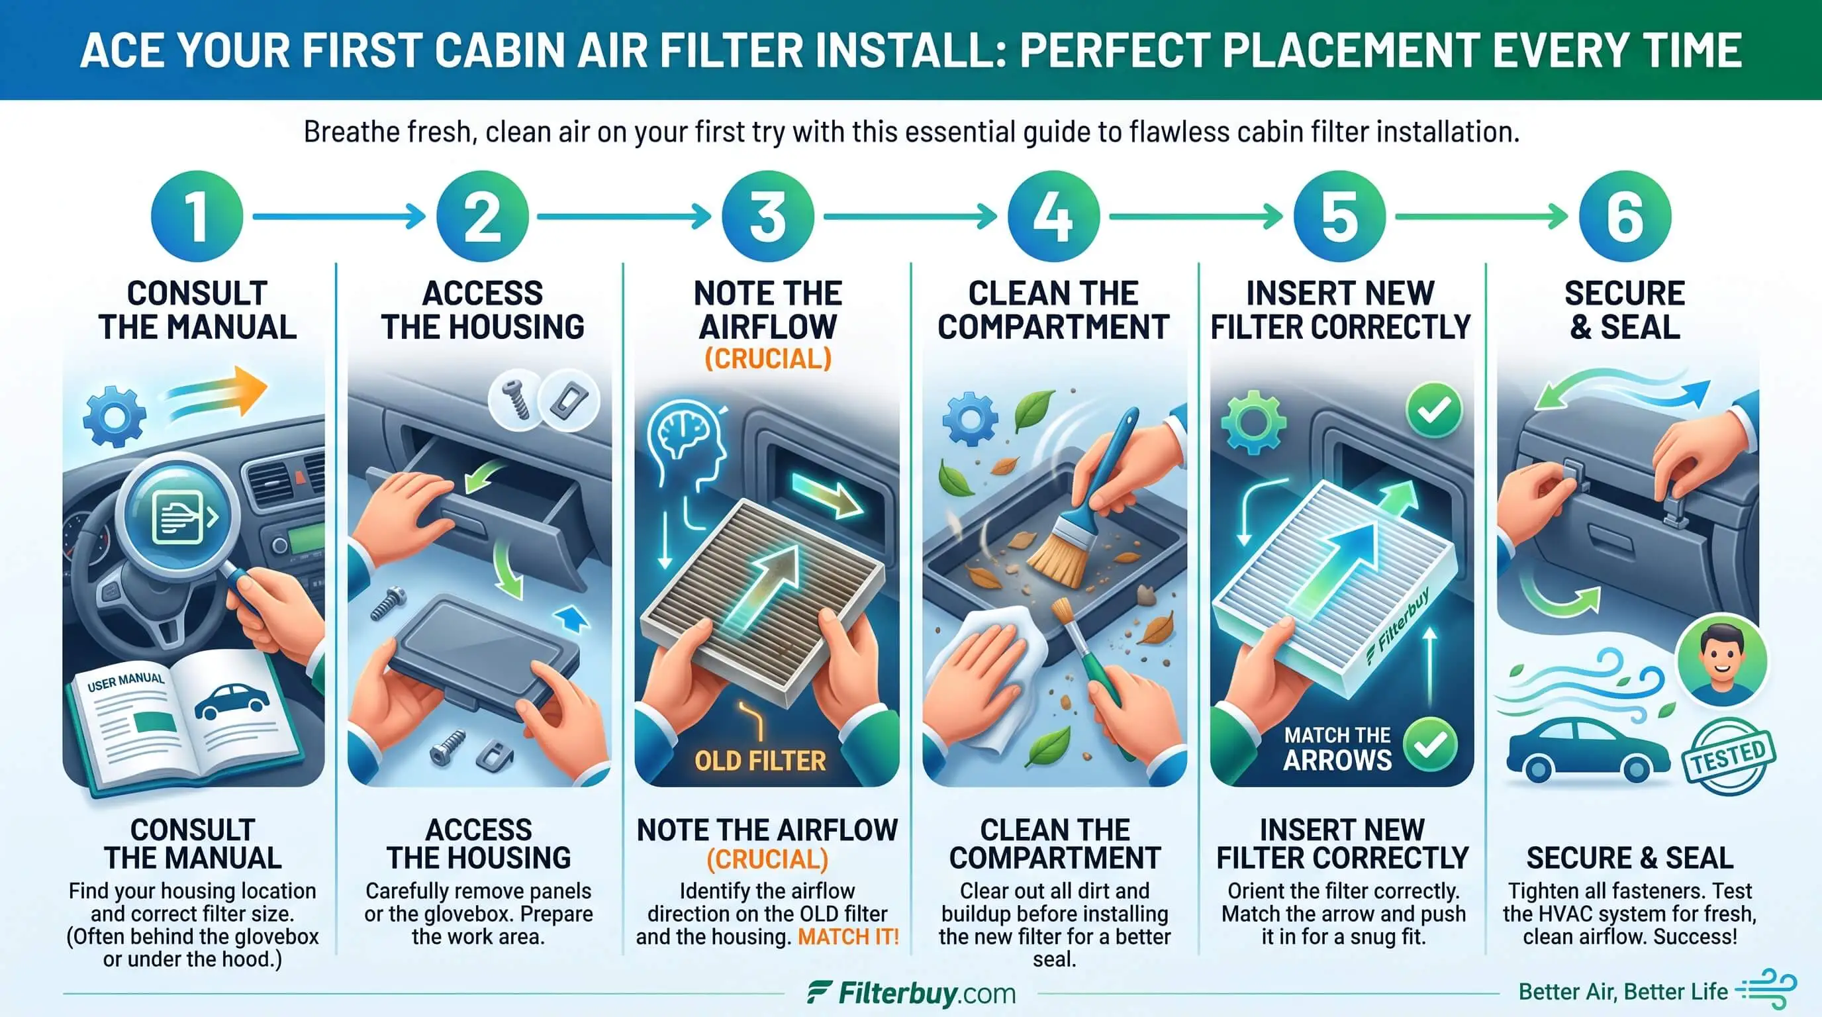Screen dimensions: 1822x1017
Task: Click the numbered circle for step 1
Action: (x=197, y=217)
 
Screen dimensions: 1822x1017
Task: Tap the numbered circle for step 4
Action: (x=1053, y=217)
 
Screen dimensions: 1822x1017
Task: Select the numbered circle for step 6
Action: (x=1625, y=217)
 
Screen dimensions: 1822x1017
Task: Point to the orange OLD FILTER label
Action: (x=759, y=760)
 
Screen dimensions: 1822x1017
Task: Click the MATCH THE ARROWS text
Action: (x=1337, y=748)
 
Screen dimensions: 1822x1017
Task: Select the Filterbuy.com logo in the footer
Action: (x=911, y=993)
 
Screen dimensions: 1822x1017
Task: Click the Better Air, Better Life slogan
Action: (x=1623, y=992)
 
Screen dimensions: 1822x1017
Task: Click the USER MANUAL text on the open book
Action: (x=126, y=682)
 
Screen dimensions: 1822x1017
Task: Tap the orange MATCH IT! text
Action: (x=848, y=937)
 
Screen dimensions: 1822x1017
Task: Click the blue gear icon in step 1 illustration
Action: (x=115, y=416)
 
